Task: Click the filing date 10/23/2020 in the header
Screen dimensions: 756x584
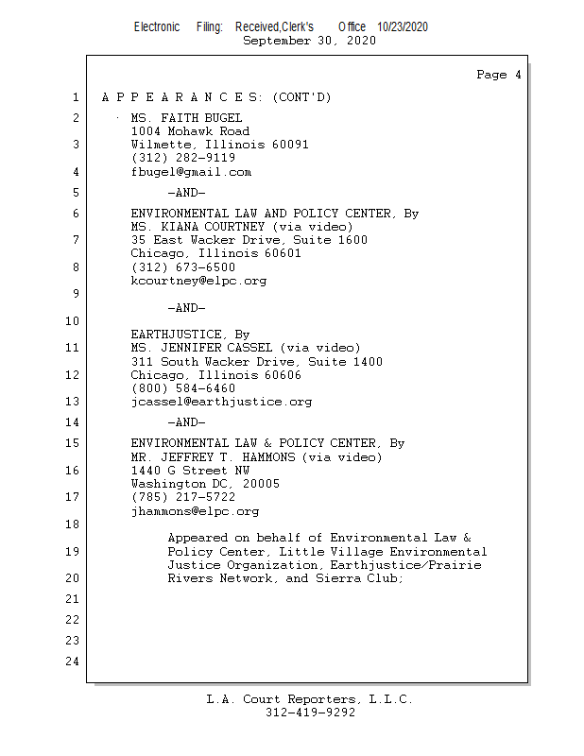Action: [x=403, y=26]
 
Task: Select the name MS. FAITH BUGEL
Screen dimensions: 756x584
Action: [x=180, y=118]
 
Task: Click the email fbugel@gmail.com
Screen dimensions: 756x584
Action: [x=191, y=172]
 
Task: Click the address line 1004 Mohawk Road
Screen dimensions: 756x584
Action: [x=190, y=131]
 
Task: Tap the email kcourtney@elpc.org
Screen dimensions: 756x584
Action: [x=198, y=281]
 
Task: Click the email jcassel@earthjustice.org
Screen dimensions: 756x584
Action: [x=221, y=402]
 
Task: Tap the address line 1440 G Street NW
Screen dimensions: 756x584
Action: [x=190, y=471]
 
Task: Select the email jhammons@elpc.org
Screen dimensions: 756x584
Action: [x=195, y=511]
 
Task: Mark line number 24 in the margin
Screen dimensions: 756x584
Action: [x=72, y=661]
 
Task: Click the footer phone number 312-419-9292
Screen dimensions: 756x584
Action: [x=310, y=713]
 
